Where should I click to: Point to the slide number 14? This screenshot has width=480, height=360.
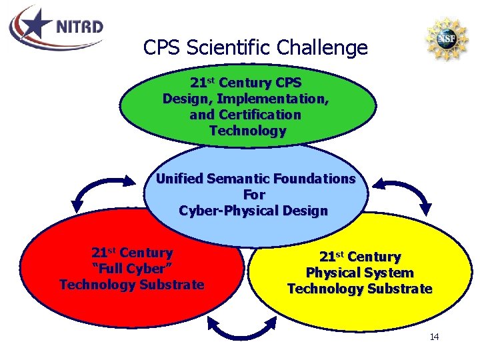tap(434, 337)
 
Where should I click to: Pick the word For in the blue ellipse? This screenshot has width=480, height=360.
tap(254, 195)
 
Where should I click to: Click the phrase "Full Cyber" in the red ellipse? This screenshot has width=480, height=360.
tap(131, 269)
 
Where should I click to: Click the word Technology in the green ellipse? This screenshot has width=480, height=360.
tap(247, 131)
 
